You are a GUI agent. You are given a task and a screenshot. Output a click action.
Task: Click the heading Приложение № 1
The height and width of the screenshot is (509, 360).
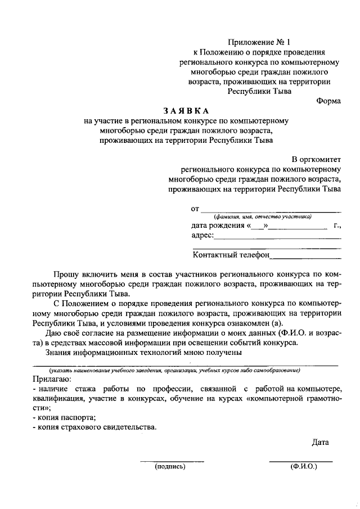point(259,42)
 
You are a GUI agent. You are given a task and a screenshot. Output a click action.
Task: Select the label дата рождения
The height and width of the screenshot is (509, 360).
point(218,226)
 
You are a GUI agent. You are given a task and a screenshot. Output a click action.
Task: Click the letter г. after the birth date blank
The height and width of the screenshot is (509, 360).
point(336,226)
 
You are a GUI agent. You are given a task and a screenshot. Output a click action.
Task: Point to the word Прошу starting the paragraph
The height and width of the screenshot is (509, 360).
point(66,274)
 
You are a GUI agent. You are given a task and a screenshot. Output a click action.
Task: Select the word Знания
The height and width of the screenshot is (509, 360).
point(60,353)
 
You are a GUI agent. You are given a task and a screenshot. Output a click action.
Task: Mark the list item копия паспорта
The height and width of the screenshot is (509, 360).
point(65,417)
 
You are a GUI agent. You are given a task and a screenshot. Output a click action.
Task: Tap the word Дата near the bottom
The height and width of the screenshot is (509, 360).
point(320,442)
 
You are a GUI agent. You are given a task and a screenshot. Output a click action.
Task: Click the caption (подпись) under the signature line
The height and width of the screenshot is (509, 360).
point(170,466)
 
